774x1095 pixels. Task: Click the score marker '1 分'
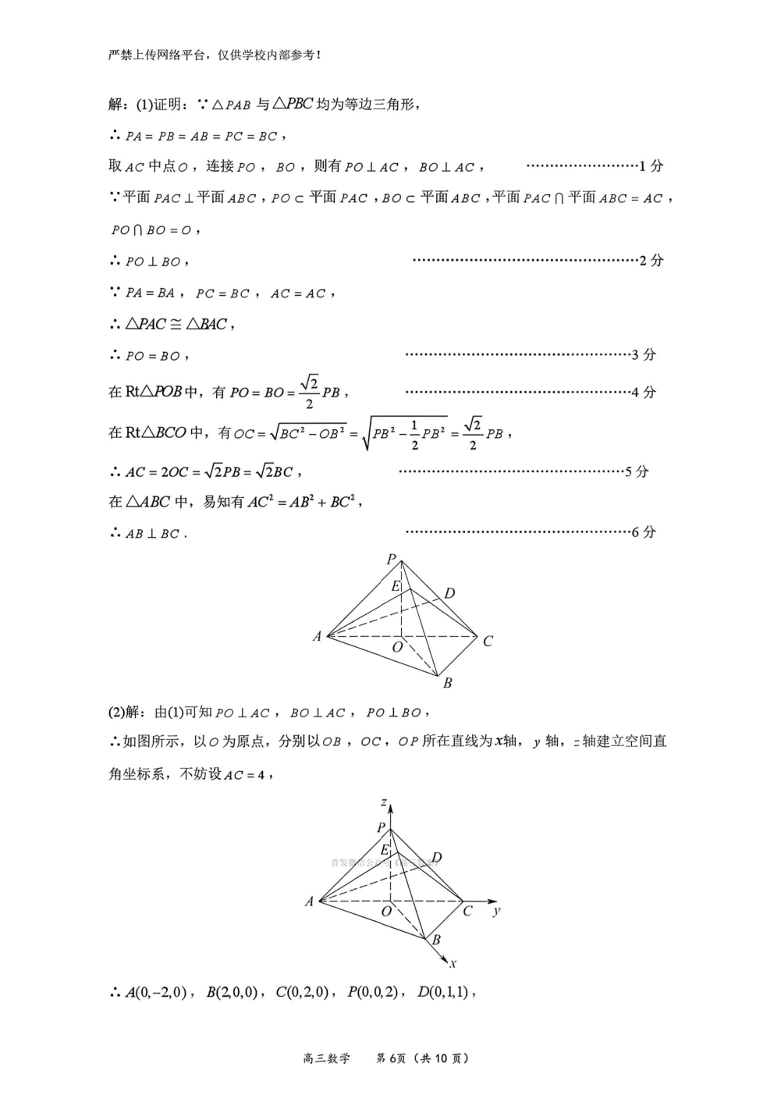[x=652, y=166]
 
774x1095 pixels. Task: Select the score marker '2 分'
[x=652, y=261]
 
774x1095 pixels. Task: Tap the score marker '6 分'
[x=644, y=532]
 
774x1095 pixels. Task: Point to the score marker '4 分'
[x=644, y=393]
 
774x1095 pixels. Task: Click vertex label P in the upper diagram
[x=392, y=559]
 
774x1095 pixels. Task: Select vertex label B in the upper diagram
[x=448, y=684]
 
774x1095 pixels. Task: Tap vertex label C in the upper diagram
[x=488, y=642]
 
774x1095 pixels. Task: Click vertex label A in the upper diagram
[x=317, y=637]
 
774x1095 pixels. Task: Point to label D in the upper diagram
[x=449, y=594]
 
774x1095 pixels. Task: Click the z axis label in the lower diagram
[x=384, y=802]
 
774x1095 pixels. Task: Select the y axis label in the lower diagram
[x=497, y=911]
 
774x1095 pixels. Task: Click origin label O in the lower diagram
[x=386, y=912]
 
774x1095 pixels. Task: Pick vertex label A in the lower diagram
[x=309, y=901]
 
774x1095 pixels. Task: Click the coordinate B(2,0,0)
[x=232, y=993]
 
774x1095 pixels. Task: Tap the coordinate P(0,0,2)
[x=373, y=993]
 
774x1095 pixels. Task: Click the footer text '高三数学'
[x=327, y=1058]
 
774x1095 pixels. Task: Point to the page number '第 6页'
[x=392, y=1058]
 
